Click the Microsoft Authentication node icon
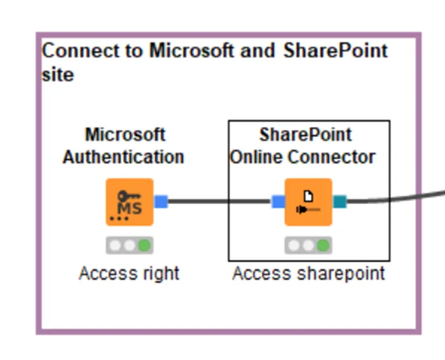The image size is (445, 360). (x=130, y=202)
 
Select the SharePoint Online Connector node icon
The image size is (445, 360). (x=308, y=202)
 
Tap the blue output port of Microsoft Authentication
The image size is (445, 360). (x=161, y=202)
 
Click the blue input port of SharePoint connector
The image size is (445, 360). (x=278, y=202)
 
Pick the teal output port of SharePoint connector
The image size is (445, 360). (x=339, y=202)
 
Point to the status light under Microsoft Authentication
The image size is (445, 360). (x=130, y=245)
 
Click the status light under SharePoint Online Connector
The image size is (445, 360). (x=308, y=245)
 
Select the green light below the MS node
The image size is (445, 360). (x=144, y=245)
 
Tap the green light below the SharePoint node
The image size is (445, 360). (x=323, y=245)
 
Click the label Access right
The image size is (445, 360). (x=129, y=273)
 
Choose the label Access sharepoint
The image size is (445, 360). (x=308, y=273)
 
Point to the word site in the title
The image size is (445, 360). (x=58, y=74)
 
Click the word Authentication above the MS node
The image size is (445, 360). (x=123, y=156)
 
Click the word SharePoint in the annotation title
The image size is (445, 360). (x=335, y=51)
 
